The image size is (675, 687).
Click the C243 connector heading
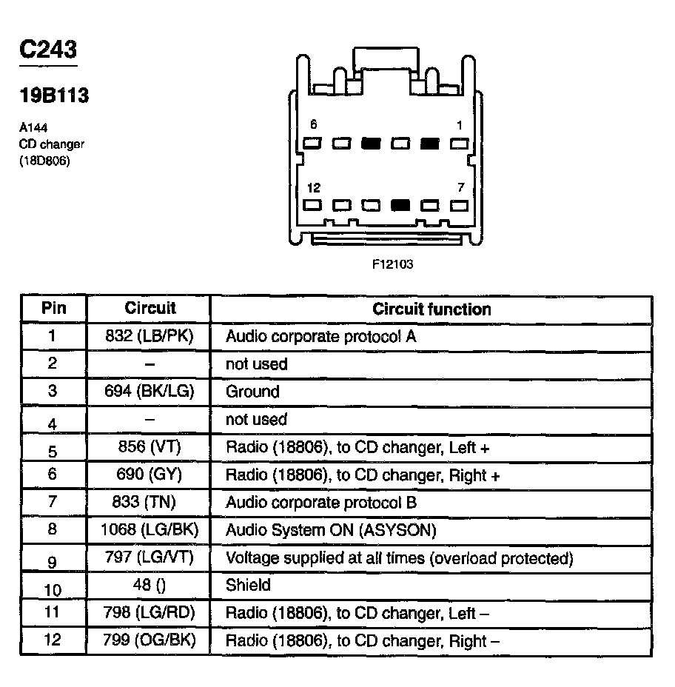pos(48,50)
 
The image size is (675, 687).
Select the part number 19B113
pos(53,95)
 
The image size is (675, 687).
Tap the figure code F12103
pos(392,264)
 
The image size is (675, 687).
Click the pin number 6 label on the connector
pos(313,125)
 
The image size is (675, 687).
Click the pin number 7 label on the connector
pos(460,188)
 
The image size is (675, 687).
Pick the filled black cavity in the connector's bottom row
pos(400,206)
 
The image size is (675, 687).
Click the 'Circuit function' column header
pos(431,309)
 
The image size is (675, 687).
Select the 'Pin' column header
pos(53,308)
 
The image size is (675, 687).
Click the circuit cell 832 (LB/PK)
pos(150,336)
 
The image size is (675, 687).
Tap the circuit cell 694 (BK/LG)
pos(150,392)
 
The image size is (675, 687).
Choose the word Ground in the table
pos(252,392)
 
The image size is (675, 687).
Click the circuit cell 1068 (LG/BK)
pos(150,530)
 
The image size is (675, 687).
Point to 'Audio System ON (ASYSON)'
pos(331,530)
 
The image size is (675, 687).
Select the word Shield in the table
pos(248,585)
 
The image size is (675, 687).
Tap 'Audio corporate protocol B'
pos(321,502)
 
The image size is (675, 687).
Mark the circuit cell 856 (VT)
pos(150,446)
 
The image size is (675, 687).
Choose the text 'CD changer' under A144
pos(52,144)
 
